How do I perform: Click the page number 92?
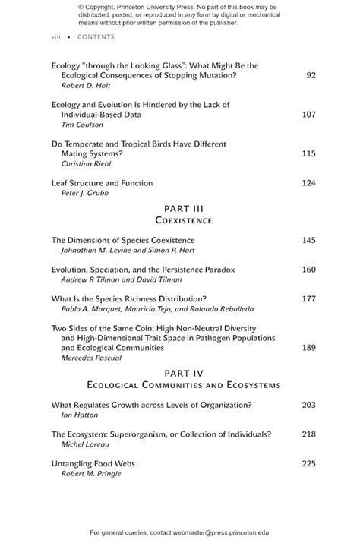click(x=311, y=76)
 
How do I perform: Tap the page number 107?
click(x=308, y=115)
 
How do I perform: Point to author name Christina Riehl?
click(x=87, y=163)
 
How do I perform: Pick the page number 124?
click(x=308, y=183)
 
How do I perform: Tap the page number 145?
click(x=308, y=241)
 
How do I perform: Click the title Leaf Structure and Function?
click(x=102, y=183)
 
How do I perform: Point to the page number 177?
click(x=308, y=298)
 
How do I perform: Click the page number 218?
click(x=308, y=434)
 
